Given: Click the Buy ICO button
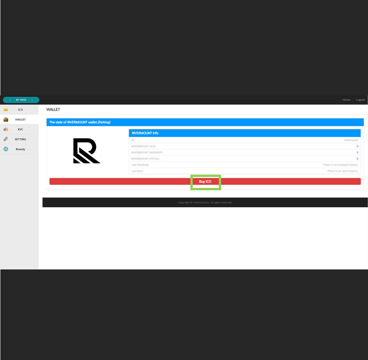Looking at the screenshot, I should coord(205,182).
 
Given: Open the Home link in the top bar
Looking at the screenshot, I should coord(346,100).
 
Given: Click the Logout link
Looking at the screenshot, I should coord(360,100).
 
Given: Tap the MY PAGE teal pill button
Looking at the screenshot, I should coord(21,100).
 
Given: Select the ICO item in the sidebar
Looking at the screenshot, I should coord(20,110).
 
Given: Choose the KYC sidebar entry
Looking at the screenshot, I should coord(20,129).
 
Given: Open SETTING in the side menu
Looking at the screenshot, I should coord(20,139).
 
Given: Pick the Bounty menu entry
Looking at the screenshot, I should coord(20,149).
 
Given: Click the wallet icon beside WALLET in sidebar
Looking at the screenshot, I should coord(6,119).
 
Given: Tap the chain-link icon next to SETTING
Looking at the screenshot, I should coord(6,139).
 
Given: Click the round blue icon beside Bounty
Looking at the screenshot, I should coord(6,149).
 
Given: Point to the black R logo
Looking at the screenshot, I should coord(86,151).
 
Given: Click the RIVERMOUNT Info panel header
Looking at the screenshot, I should coord(244,133).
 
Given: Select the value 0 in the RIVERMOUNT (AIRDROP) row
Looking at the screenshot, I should coord(357,152).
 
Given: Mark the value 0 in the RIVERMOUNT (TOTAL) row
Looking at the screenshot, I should coord(357,159).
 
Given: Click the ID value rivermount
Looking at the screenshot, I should coord(351,140).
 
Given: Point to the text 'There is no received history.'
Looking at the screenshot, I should coord(340,165).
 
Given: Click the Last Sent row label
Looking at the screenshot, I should coord(137,171).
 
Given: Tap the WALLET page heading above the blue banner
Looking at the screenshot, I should coord(53,110).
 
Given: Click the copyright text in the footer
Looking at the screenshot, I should coord(205,202).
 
